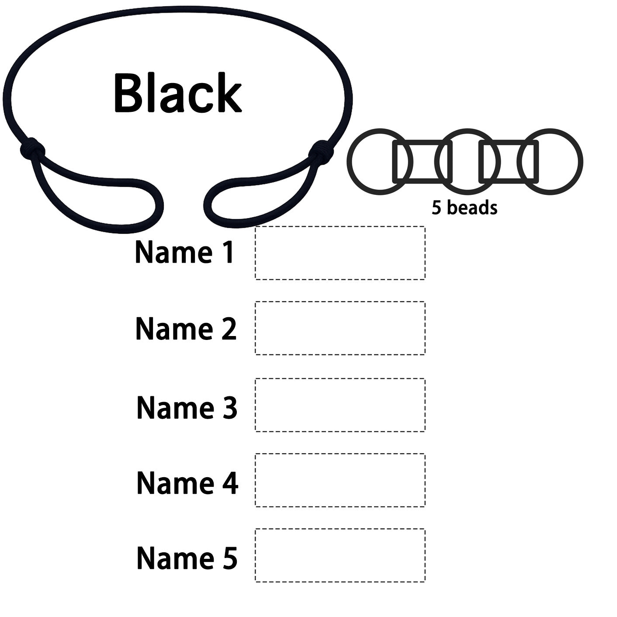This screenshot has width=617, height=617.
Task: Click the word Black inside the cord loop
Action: point(178,93)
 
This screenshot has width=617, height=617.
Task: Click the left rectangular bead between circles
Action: point(422,142)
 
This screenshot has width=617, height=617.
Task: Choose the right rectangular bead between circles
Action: point(509,142)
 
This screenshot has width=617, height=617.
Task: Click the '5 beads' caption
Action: point(464,208)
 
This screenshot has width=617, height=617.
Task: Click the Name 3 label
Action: point(187,407)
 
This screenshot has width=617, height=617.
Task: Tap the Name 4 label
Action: point(187,483)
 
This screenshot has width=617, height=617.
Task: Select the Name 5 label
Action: point(187,558)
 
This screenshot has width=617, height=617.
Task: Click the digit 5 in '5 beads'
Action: point(437,208)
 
